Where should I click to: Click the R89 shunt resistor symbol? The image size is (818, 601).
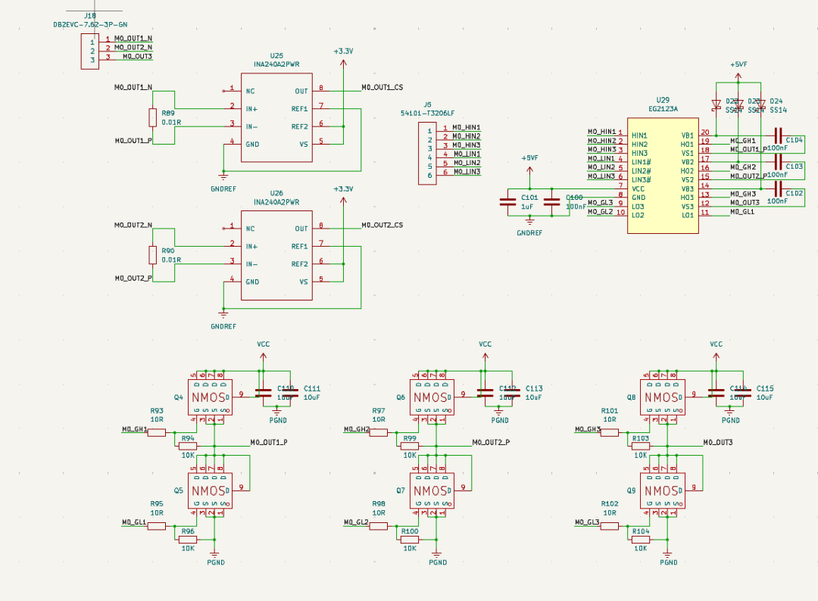click(152, 117)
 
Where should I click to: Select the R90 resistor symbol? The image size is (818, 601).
click(152, 255)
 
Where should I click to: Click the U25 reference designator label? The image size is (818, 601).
click(276, 55)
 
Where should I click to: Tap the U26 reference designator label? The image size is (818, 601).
click(276, 193)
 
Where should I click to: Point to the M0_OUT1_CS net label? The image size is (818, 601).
click(382, 88)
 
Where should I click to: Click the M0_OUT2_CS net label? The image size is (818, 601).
click(382, 226)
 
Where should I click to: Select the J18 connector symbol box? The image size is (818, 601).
click(89, 50)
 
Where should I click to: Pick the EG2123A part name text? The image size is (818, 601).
click(663, 109)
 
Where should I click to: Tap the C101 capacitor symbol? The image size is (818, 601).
click(507, 201)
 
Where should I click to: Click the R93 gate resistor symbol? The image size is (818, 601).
click(157, 432)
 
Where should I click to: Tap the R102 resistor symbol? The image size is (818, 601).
click(610, 525)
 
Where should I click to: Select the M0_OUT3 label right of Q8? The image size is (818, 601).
click(717, 442)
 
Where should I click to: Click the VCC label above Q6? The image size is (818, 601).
click(485, 344)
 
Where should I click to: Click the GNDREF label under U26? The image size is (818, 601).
click(223, 326)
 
